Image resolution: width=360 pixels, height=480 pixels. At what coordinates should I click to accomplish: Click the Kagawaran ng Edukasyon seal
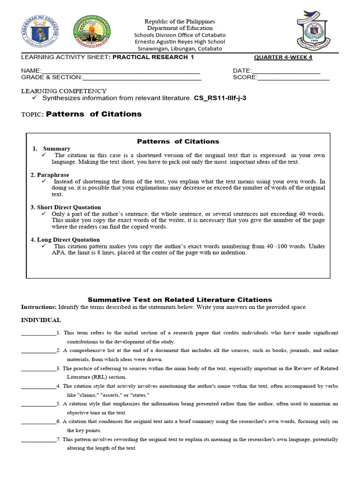[40, 34]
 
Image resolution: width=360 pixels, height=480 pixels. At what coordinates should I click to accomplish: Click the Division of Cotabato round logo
[92, 33]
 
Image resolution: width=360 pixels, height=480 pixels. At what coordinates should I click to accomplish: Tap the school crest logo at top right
[316, 30]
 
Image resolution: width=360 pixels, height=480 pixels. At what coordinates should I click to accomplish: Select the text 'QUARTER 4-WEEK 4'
[283, 58]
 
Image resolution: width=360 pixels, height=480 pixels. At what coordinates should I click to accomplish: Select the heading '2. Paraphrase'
[50, 175]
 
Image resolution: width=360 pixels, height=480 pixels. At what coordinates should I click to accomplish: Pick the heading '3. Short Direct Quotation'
[66, 207]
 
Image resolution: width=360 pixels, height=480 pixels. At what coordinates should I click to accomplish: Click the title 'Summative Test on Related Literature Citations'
[180, 300]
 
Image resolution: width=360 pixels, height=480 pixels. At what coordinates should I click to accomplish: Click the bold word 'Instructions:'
[39, 307]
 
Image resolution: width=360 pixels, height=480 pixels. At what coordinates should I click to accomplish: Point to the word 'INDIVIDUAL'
[41, 320]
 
